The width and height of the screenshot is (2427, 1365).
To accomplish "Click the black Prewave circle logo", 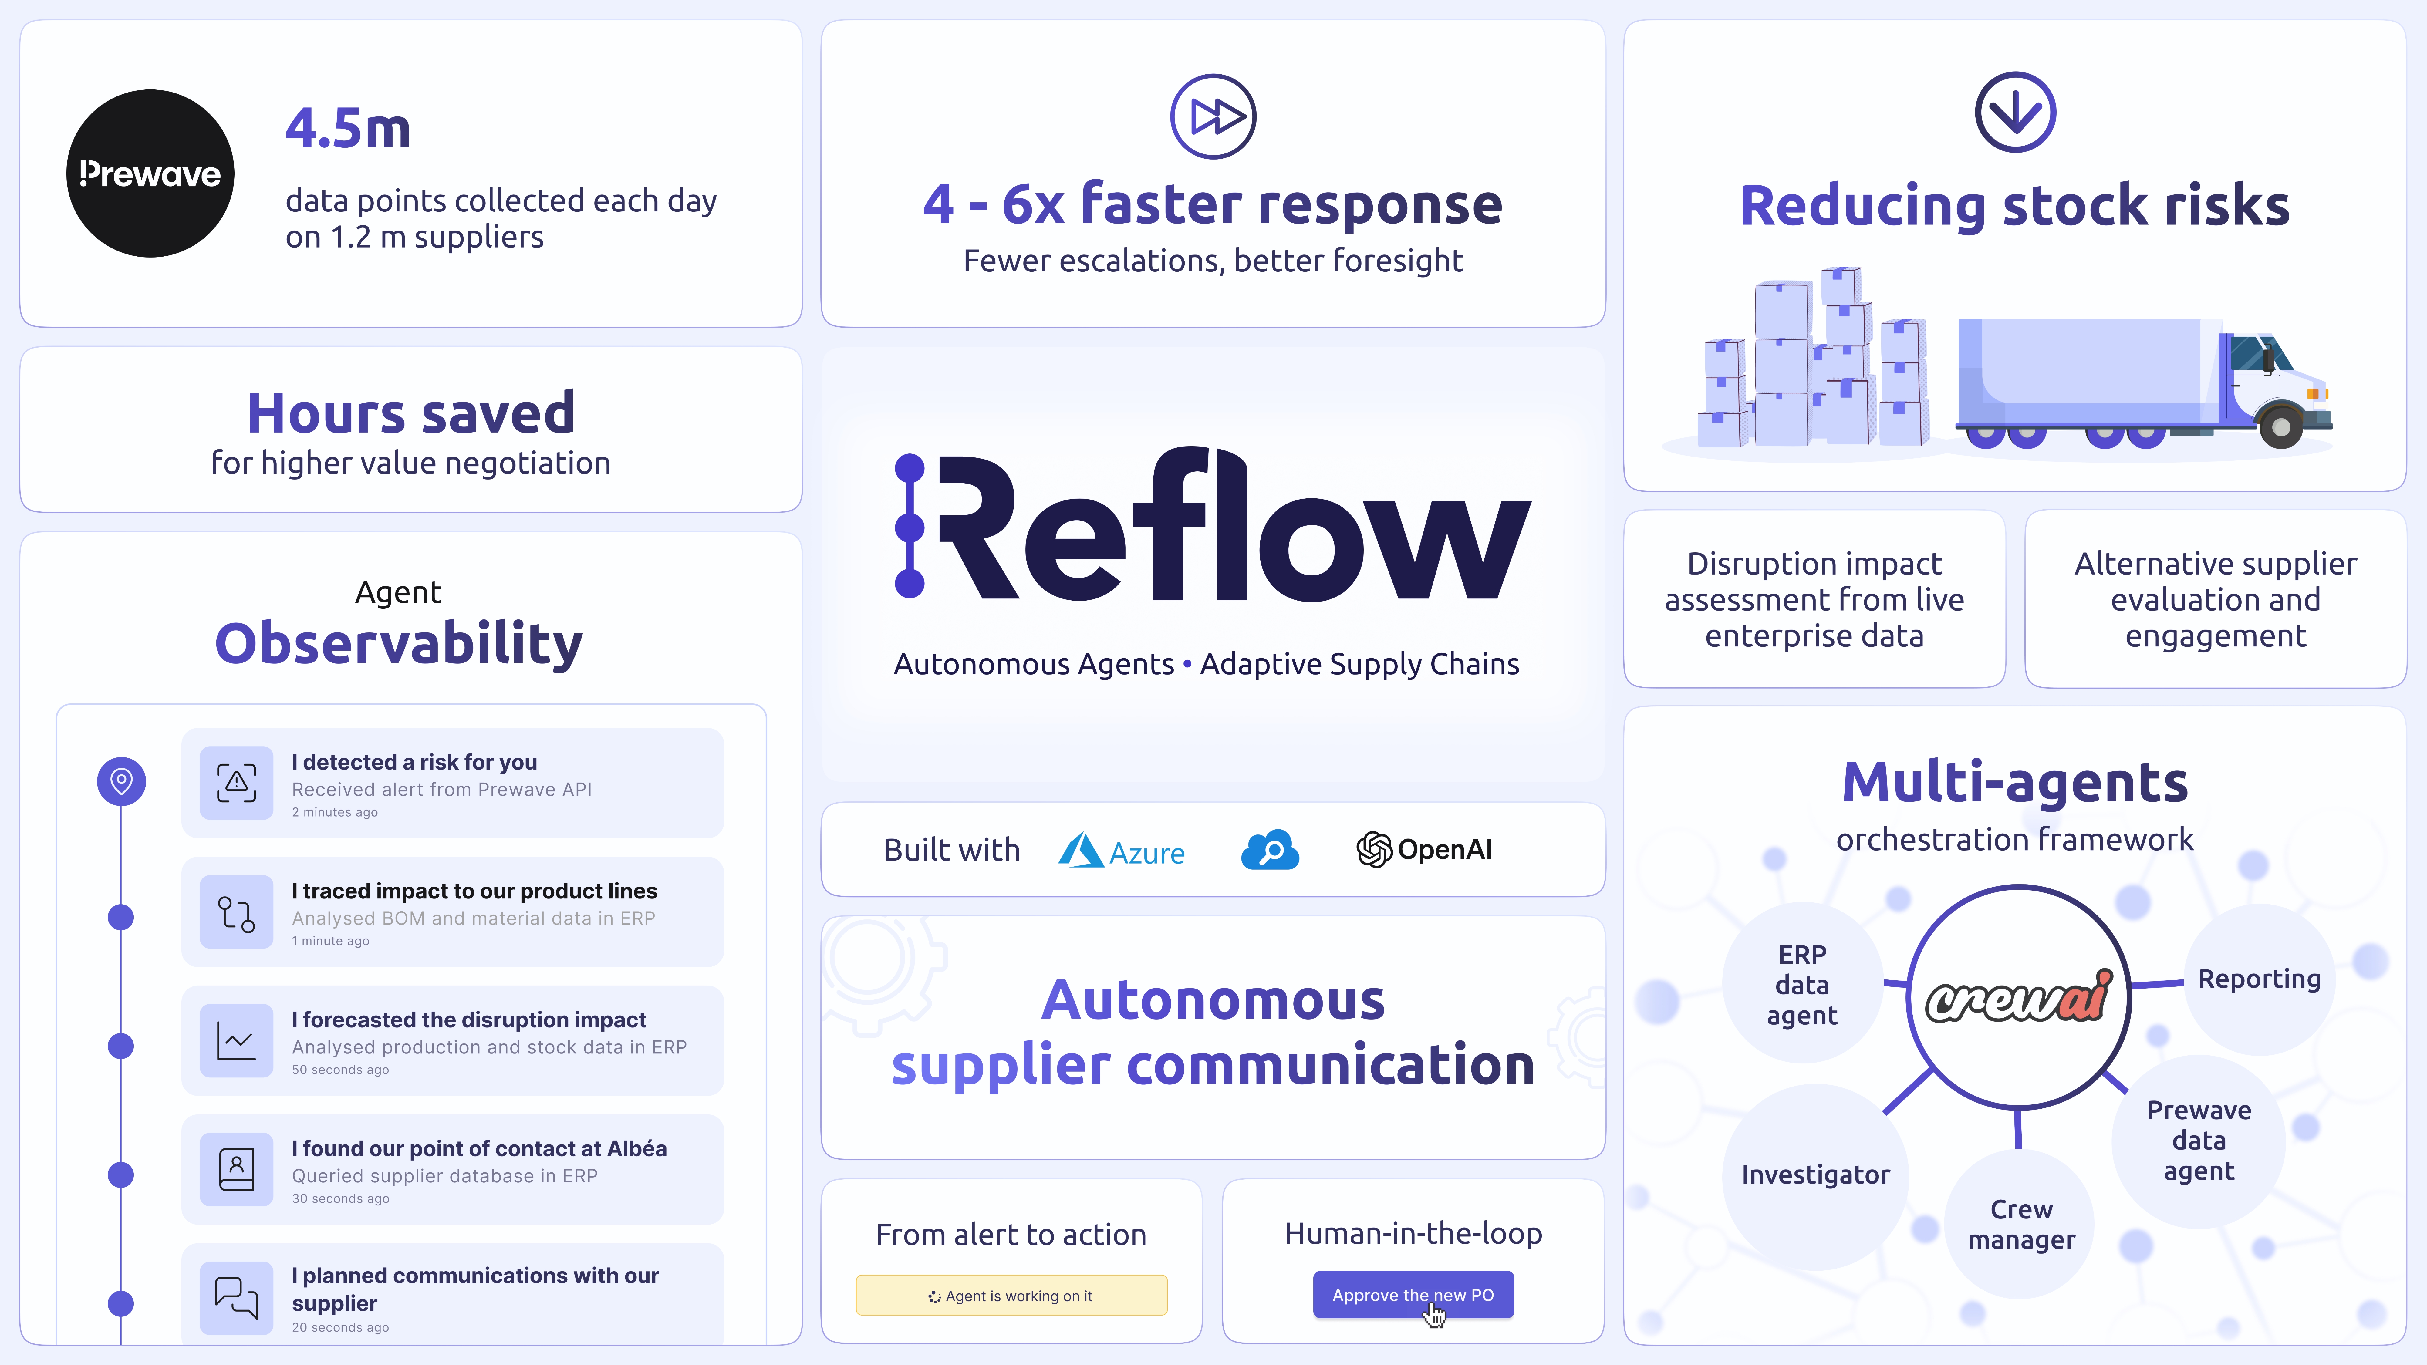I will tap(150, 173).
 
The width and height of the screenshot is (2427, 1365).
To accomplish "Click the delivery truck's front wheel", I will tap(2281, 427).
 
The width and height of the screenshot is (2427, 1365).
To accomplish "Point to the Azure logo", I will tap(1121, 851).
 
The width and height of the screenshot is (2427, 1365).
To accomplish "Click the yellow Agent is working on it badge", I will tap(1011, 1295).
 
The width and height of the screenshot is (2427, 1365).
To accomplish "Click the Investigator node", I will tap(1814, 1175).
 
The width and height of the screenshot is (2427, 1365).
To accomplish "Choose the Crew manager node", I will tap(2021, 1224).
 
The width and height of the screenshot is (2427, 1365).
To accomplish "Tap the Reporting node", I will tap(2258, 979).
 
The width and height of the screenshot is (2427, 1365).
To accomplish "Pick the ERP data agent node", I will tap(1801, 984).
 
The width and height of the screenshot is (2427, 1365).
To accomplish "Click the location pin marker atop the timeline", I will tap(122, 781).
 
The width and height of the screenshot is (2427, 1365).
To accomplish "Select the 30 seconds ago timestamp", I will tap(340, 1198).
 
